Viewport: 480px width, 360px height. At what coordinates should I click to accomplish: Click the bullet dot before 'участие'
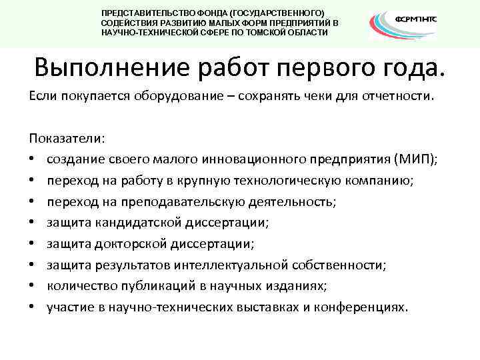click(32, 307)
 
